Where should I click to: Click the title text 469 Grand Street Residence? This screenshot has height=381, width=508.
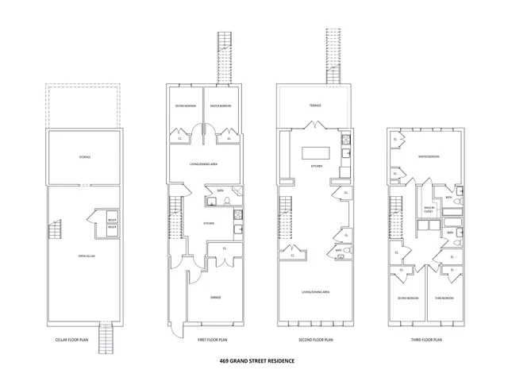(256, 360)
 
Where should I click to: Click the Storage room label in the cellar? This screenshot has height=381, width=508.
(85, 156)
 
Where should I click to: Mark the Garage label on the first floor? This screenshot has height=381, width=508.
(215, 297)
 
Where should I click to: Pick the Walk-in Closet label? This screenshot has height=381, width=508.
(429, 210)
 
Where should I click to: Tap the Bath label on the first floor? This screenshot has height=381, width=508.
(220, 190)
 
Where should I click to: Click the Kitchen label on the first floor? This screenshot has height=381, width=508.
(210, 224)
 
